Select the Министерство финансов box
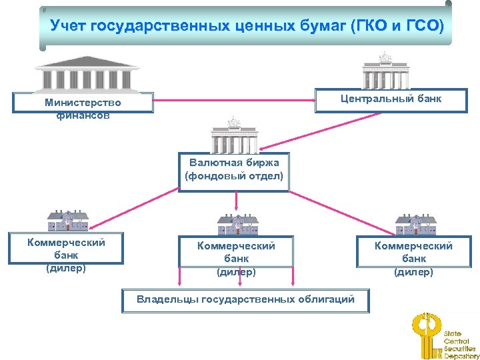coord(83,108)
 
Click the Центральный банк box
coord(391,99)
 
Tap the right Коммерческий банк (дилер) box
coord(413,258)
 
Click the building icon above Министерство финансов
coord(87,73)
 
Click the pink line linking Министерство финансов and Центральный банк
coord(234,101)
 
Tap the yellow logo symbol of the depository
coord(425,336)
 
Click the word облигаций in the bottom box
coord(324,299)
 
